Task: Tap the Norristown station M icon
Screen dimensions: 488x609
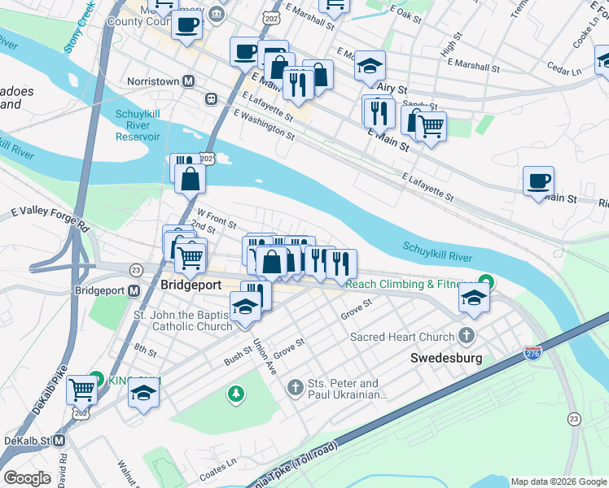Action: [x=189, y=81]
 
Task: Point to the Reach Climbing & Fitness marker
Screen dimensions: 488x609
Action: [x=485, y=283]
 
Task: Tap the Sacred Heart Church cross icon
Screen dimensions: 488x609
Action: [x=466, y=336]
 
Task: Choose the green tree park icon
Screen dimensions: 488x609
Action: [x=236, y=394]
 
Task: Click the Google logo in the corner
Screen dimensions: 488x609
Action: [x=28, y=478]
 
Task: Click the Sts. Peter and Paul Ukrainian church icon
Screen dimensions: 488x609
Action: [x=296, y=383]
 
